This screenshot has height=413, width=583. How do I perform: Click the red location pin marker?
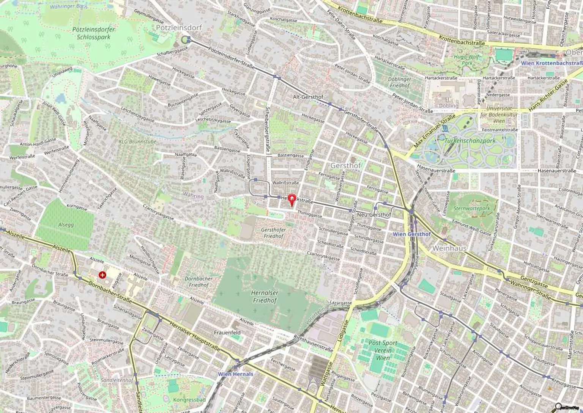pos(291,199)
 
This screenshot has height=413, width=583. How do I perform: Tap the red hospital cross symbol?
pos(102,275)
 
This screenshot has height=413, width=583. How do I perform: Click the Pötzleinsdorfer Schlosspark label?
pos(93,33)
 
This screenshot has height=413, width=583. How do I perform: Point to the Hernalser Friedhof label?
pos(264,297)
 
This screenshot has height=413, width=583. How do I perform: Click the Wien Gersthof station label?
pos(411,234)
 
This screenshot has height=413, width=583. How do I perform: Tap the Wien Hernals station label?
pos(235,374)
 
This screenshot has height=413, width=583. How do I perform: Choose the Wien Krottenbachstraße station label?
pos(551,63)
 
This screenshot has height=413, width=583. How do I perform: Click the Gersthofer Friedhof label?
pos(273,233)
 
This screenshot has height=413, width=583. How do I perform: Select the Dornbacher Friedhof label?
pos(199,281)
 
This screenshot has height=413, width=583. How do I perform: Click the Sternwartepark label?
pos(471,208)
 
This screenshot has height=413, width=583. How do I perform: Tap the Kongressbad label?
pos(184,400)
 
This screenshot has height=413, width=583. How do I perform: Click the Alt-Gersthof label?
pos(308,97)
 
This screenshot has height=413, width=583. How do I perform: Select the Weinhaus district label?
pos(449,248)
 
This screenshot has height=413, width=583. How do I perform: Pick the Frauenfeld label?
pos(227,332)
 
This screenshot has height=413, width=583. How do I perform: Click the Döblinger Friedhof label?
pos(399,82)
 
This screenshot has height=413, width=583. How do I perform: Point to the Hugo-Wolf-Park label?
pos(467,60)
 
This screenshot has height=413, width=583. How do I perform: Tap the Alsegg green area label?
pos(66,225)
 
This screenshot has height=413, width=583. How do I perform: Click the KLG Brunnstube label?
pos(132,141)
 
